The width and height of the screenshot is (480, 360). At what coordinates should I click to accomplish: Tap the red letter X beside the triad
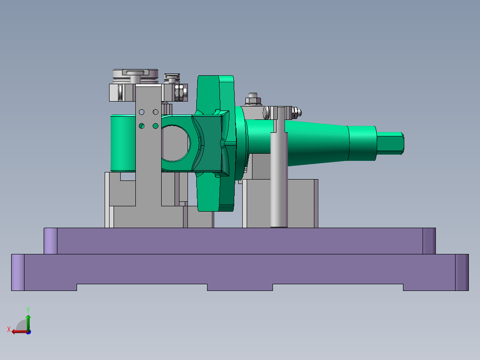(x=8, y=329)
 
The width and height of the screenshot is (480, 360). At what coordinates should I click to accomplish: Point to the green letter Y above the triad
(x=28, y=309)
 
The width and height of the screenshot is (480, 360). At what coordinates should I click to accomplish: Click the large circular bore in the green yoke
(x=175, y=143)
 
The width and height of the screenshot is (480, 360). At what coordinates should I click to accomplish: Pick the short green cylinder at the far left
(x=122, y=143)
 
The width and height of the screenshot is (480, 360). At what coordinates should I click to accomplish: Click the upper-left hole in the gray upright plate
(x=142, y=111)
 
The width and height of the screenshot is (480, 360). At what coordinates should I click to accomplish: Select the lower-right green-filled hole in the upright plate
(x=155, y=126)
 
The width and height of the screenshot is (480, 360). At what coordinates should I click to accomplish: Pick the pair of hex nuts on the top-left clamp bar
(x=180, y=93)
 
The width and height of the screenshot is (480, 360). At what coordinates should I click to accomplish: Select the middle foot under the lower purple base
(x=240, y=287)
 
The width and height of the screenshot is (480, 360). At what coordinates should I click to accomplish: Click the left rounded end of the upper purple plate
(x=51, y=241)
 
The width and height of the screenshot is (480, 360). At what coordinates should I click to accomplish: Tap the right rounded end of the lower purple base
(x=462, y=272)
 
